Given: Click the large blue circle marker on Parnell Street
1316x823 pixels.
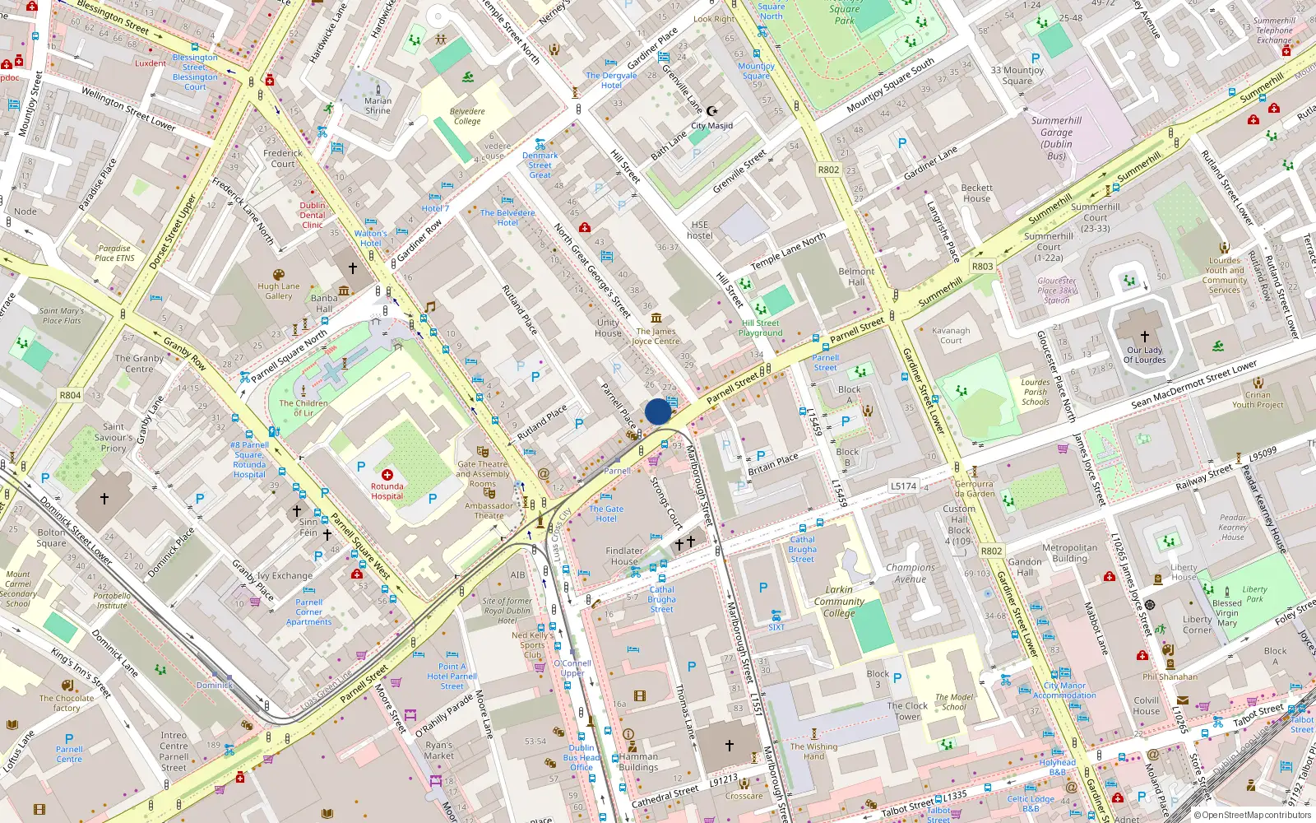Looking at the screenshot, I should pyautogui.click(x=658, y=411).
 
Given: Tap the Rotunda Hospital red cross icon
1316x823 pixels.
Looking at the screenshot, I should pyautogui.click(x=387, y=475).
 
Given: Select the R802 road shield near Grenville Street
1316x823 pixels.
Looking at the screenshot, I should pyautogui.click(x=828, y=170).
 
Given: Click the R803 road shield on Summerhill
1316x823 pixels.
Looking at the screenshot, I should pyautogui.click(x=982, y=267).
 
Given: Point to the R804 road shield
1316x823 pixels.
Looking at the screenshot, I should pyautogui.click(x=70, y=395).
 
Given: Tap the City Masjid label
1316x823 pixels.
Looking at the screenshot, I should pyautogui.click(x=711, y=126).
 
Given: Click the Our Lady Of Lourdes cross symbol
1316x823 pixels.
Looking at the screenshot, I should pyautogui.click(x=1144, y=337).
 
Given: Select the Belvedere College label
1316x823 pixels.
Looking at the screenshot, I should pyautogui.click(x=467, y=116).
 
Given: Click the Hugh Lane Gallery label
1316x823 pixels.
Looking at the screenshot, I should pyautogui.click(x=279, y=291).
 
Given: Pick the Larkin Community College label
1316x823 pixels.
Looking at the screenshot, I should pyautogui.click(x=839, y=602).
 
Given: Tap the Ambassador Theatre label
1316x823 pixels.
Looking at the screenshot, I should pyautogui.click(x=489, y=511).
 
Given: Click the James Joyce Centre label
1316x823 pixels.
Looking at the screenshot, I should pyautogui.click(x=656, y=336).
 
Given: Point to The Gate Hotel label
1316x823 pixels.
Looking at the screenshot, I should pyautogui.click(x=606, y=514).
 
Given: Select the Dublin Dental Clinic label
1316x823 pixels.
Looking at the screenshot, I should pyautogui.click(x=313, y=215).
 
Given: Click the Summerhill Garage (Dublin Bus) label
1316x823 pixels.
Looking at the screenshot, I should pyautogui.click(x=1056, y=137).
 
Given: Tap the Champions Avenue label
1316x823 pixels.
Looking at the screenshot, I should pyautogui.click(x=911, y=573).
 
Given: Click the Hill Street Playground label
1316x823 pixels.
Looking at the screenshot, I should pyautogui.click(x=760, y=328).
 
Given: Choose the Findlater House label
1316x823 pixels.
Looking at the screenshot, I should pyautogui.click(x=624, y=556).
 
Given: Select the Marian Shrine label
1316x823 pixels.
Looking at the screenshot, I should pyautogui.click(x=378, y=105).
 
